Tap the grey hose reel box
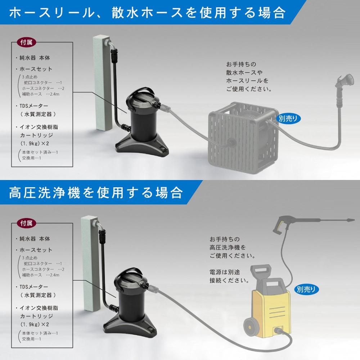[243, 138]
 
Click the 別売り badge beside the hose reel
[288, 118]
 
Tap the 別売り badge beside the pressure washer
[306, 289]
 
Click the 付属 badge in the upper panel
[26, 42]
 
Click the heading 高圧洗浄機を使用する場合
[96, 192]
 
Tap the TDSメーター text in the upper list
[34, 106]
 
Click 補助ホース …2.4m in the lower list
[40, 275]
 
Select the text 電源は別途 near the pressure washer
[225, 272]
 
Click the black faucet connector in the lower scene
[103, 237]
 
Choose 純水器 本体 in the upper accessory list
[35, 58]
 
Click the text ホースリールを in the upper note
[247, 81]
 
